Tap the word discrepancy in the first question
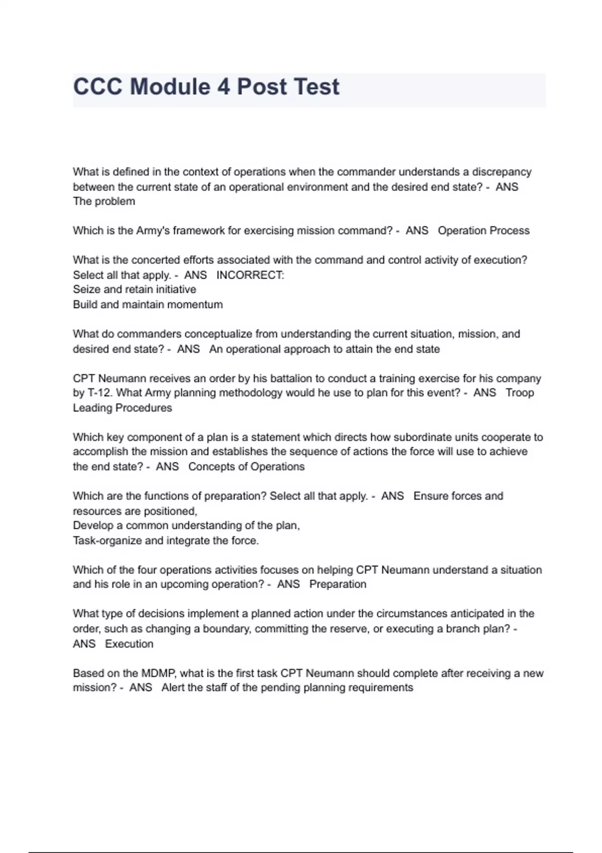click(501, 172)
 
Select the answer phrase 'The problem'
click(104, 202)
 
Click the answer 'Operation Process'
click(484, 231)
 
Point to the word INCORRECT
click(250, 275)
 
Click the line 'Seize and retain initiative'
click(134, 290)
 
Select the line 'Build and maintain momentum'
click(147, 305)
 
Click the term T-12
click(99, 393)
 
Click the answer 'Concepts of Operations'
click(246, 467)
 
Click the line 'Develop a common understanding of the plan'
click(186, 526)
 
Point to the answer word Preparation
click(338, 585)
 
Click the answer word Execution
click(129, 644)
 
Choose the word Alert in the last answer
click(173, 688)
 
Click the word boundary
click(225, 629)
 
